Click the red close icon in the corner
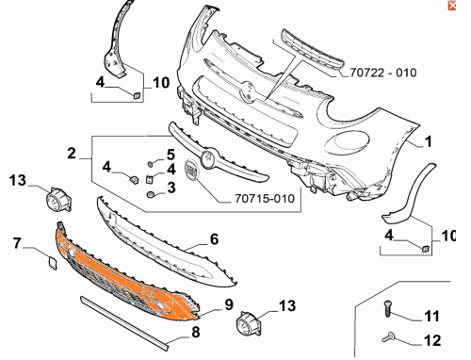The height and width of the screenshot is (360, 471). (452, 6)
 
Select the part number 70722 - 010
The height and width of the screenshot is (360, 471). (383, 73)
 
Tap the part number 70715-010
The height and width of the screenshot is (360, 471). (265, 199)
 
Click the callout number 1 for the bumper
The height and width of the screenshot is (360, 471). (429, 141)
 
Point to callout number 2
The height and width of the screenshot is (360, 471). (72, 154)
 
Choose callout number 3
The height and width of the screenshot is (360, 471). (171, 188)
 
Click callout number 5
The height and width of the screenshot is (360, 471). (171, 155)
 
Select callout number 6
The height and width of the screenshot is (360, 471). (214, 239)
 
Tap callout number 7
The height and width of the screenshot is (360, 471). (17, 243)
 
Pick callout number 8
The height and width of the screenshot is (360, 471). (196, 332)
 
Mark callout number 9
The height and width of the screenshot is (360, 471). (229, 304)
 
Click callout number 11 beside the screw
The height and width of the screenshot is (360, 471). (431, 316)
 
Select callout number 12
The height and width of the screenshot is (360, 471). (432, 340)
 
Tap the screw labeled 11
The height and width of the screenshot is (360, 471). (388, 308)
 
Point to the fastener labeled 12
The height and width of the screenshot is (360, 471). (388, 337)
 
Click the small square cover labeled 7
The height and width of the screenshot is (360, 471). (53, 263)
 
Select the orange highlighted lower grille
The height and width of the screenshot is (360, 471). (125, 275)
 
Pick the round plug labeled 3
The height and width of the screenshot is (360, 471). (151, 194)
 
